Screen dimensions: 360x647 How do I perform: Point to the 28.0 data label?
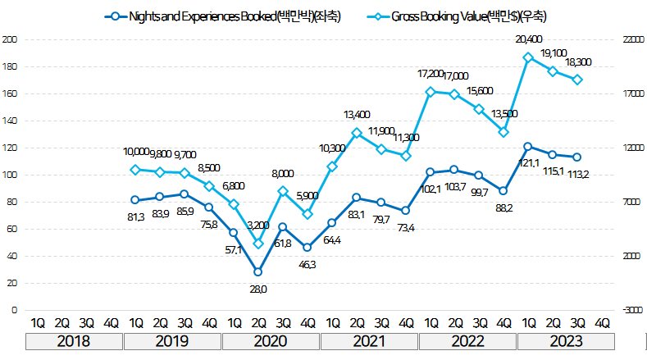point(259,289)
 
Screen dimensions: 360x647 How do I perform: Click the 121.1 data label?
point(531,163)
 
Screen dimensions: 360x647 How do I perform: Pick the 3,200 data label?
point(258,224)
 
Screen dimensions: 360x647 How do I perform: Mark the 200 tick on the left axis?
point(11,39)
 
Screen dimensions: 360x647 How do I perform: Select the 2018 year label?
point(74,340)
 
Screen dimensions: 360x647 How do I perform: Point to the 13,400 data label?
point(356,114)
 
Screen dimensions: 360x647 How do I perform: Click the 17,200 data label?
point(430,74)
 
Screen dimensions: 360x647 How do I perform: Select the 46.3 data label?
point(308,266)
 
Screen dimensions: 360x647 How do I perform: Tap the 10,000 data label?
point(135,152)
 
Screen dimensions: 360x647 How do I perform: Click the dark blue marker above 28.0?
point(258,271)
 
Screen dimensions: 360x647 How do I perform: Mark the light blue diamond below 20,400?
point(528,57)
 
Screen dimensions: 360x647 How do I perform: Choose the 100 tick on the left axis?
point(11,175)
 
